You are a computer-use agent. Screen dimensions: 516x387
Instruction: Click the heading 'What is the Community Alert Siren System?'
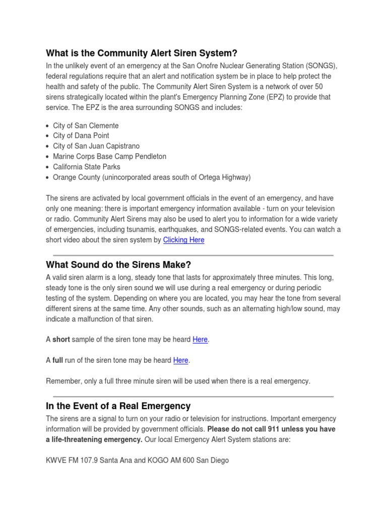[142, 53]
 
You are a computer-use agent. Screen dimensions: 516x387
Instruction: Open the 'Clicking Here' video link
[183, 240]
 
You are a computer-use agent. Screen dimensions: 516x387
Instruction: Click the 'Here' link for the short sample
[200, 340]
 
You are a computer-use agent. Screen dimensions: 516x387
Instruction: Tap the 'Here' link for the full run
[180, 360]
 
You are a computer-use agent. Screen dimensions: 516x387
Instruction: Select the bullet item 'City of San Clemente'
[86, 125]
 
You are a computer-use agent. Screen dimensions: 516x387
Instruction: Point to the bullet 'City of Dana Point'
[81, 136]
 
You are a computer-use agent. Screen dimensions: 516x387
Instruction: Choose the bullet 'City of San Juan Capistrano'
[96, 146]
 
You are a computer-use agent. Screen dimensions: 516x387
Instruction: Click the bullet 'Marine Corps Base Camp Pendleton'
[109, 156]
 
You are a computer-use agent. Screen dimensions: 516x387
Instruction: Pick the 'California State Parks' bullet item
[87, 167]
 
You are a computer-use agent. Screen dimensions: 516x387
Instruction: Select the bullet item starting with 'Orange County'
[151, 177]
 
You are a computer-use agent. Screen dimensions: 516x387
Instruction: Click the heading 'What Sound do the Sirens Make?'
[118, 265]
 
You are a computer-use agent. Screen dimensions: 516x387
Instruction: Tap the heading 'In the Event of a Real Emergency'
[118, 406]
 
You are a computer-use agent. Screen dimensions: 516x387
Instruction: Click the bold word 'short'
[61, 340]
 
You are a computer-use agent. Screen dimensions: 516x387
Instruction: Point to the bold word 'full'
[58, 360]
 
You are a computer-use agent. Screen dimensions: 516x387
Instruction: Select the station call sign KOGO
[160, 460]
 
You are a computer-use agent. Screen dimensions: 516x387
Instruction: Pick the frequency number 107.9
[92, 460]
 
